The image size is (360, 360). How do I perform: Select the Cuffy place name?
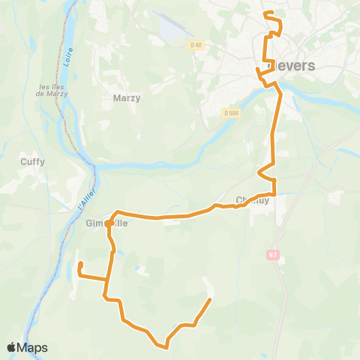click(x=33, y=160)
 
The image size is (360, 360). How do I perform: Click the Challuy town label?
click(x=251, y=200)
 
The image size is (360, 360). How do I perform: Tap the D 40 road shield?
click(x=196, y=46)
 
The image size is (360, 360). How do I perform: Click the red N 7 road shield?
click(x=273, y=256)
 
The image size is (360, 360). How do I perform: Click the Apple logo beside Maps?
click(x=13, y=347)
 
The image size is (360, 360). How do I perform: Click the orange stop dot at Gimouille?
click(x=109, y=223)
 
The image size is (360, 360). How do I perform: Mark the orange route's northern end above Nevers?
click(x=266, y=13)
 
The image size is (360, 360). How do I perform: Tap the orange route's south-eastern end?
click(x=209, y=300)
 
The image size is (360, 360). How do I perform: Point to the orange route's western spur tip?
click(x=80, y=263)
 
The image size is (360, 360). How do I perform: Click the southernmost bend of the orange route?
click(x=165, y=346)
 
